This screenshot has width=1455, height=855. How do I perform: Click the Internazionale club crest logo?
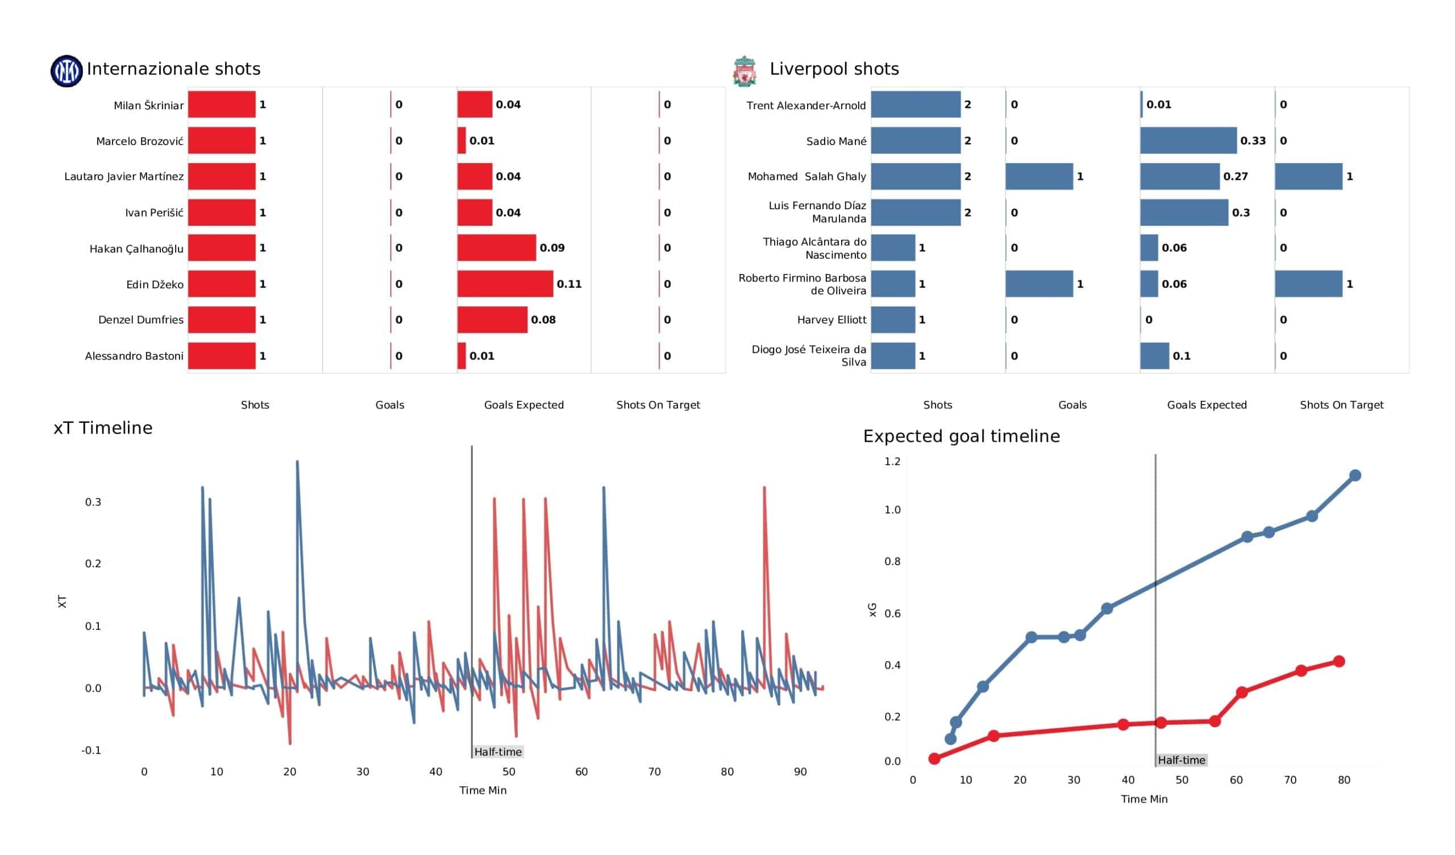click(66, 71)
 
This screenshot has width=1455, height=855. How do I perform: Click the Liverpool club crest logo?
click(744, 71)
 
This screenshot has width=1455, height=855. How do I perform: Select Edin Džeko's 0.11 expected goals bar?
click(505, 284)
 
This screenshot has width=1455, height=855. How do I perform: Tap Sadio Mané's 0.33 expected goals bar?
click(1188, 140)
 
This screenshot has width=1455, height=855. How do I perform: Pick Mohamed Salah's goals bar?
click(1040, 176)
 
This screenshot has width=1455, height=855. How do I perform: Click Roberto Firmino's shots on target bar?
click(1309, 284)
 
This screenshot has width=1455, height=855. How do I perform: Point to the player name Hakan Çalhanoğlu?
click(136, 249)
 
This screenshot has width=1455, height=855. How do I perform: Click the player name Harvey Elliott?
click(832, 319)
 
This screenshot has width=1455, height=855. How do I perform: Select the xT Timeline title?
click(103, 427)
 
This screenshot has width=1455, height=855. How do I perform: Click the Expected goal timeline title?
click(961, 436)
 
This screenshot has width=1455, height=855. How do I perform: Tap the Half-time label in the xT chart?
click(498, 752)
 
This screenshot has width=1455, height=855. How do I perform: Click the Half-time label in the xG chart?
click(1181, 760)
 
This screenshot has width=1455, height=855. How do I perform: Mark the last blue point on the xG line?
click(1355, 475)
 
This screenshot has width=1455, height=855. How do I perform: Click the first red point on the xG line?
click(934, 758)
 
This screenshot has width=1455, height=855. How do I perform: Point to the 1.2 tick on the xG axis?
click(892, 461)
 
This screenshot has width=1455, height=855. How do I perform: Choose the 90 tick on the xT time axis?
click(800, 772)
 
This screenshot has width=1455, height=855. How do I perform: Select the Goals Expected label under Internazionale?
click(523, 405)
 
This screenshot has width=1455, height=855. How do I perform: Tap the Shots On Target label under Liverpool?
click(1341, 405)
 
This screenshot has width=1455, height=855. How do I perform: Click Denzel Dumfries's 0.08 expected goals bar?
click(493, 319)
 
